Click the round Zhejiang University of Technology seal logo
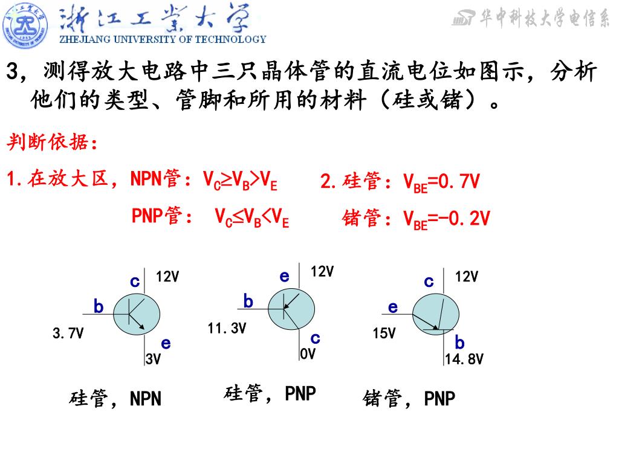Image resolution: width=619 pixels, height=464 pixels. coord(25,25)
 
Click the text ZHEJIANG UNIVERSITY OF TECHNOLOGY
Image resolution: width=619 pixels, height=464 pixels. coord(162,39)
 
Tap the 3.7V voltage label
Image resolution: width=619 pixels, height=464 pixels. coord(68,333)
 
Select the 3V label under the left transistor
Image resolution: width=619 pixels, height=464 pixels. coord(153,359)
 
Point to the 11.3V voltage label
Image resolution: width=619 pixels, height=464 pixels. coord(227,329)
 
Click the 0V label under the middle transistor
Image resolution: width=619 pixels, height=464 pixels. coord(308,354)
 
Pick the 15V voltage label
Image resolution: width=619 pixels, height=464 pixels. coord(384,333)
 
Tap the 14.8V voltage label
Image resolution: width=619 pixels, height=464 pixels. coord(464,359)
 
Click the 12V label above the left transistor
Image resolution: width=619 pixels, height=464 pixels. coord(167,277)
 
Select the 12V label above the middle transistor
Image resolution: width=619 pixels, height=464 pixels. coord(322,272)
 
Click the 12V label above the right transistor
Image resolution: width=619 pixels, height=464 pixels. coord(467,277)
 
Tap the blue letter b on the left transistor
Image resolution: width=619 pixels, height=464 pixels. coord(98,308)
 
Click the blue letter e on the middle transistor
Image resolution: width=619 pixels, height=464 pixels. coord(284,276)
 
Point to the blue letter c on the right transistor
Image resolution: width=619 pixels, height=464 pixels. coord(429,281)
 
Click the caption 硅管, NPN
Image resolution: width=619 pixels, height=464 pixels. coord(115,399)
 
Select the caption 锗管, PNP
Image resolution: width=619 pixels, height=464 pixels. coord(409,399)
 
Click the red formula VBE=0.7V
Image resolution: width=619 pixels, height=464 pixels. coord(441,182)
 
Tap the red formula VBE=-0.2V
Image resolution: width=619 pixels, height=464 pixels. coord(447,219)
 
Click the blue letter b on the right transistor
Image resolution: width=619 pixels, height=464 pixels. coord(459,343)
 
